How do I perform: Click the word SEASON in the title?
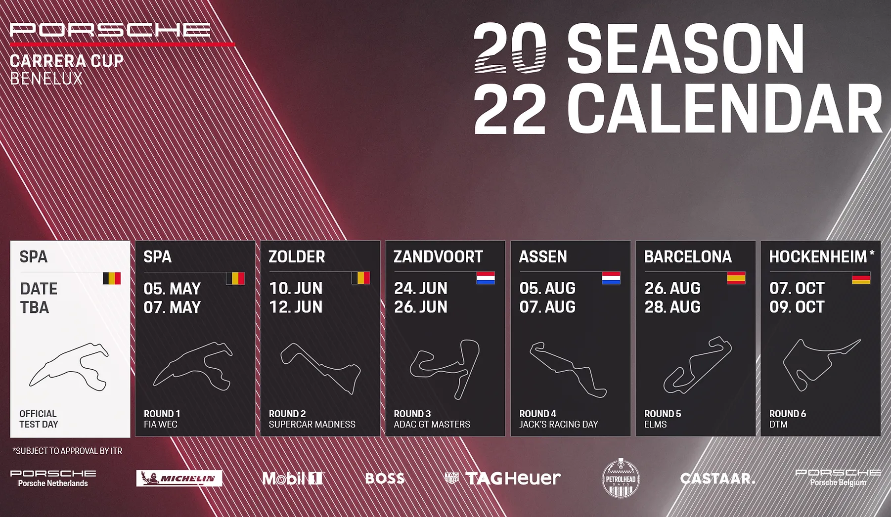686,48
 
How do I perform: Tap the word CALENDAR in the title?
724,108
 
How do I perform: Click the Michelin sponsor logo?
179,478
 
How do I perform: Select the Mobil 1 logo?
293,478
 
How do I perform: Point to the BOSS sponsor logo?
385,478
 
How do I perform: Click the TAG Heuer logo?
502,478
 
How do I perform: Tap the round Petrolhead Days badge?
621,478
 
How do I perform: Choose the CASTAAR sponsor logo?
717,478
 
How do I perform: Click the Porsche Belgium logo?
838,478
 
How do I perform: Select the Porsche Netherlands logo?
53,478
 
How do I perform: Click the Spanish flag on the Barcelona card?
736,278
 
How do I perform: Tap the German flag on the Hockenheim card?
861,278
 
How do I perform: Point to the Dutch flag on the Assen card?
611,278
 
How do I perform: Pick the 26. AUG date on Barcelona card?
672,288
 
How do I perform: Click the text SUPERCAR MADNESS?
312,425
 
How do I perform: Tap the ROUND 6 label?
787,414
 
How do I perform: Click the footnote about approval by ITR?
67,451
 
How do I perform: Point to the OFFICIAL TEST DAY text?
39,419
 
